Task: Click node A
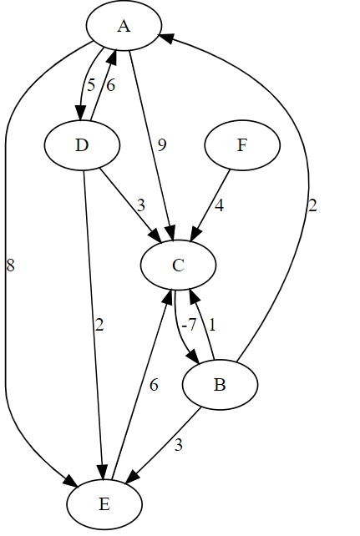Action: pos(124,27)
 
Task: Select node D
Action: pos(81,145)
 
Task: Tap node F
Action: pos(242,145)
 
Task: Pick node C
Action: pos(178,265)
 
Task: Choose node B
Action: pos(220,385)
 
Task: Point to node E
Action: pos(104,504)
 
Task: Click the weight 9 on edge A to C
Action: pos(162,145)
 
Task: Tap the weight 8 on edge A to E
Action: pos(10,265)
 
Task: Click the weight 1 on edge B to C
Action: pos(212,325)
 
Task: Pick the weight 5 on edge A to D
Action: pos(92,84)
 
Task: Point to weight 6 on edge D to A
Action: pos(110,84)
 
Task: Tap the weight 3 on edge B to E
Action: pos(178,445)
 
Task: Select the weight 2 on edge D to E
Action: pos(99,325)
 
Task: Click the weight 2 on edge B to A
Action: pos(312,205)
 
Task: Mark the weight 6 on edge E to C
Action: pos(154,385)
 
